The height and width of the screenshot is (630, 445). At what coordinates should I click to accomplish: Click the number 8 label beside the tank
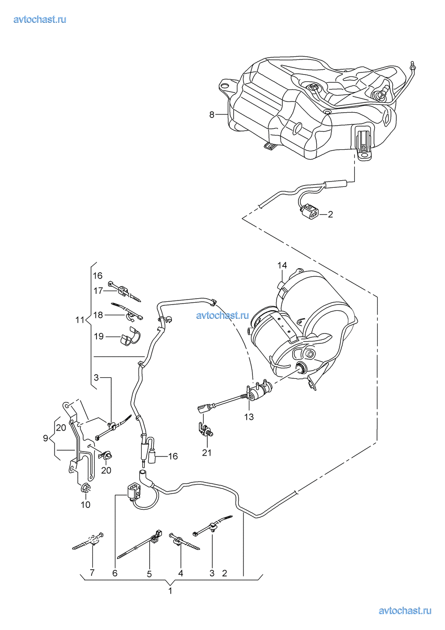(x=212, y=115)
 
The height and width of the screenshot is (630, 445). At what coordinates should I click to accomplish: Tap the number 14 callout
(x=282, y=265)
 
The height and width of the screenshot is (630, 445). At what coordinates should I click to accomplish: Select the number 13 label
(x=249, y=417)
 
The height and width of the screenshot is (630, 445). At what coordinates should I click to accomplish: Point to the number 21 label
(x=206, y=453)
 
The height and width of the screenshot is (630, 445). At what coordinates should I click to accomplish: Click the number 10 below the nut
(x=86, y=505)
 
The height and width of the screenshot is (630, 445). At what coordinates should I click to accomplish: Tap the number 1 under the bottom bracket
(x=170, y=591)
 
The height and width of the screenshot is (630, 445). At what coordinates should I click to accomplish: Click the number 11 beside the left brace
(x=80, y=320)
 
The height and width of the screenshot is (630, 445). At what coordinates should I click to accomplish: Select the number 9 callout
(x=46, y=438)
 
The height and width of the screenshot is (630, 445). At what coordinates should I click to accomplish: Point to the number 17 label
(x=98, y=291)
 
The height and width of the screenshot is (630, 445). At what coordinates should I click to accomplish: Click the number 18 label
(x=98, y=315)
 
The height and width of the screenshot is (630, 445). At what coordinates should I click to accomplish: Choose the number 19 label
(x=99, y=336)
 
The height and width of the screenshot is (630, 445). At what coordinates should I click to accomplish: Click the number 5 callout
(x=149, y=574)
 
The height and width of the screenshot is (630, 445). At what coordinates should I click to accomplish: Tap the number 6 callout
(x=115, y=573)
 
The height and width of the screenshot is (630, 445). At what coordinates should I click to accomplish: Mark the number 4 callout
(x=181, y=573)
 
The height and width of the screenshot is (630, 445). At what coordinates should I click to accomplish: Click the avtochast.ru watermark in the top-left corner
(x=40, y=19)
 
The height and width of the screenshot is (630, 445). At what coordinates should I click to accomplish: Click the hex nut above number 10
(x=85, y=488)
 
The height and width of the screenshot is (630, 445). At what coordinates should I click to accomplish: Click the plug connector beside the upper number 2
(x=311, y=211)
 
